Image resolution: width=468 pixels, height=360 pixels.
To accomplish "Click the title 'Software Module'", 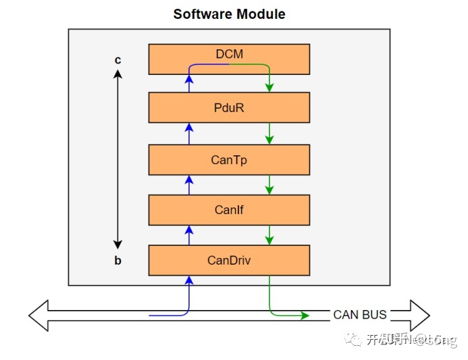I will click(229, 14).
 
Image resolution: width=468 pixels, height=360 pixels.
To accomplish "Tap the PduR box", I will click(229, 107).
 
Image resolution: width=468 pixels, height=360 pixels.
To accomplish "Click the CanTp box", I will click(229, 159).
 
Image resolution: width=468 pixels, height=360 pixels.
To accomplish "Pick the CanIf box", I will click(229, 209).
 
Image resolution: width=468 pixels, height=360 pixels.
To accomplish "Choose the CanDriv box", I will click(229, 259).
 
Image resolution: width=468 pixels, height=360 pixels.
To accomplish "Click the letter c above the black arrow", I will click(118, 60).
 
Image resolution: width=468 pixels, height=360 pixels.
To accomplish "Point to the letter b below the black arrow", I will click(118, 261).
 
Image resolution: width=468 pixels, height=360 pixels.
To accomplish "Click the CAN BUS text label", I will click(360, 315).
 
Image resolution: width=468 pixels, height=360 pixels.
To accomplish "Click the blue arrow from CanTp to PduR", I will click(189, 133).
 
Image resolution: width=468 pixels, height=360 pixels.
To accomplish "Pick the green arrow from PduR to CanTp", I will click(269, 133).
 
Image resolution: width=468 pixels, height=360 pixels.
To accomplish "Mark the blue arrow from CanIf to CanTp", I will click(189, 184).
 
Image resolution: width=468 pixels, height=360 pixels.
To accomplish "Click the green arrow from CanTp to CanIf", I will click(269, 184).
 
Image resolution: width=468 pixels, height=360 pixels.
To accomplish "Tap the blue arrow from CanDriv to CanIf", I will click(189, 234).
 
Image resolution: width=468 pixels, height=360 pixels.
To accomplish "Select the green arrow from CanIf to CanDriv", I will click(269, 234).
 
